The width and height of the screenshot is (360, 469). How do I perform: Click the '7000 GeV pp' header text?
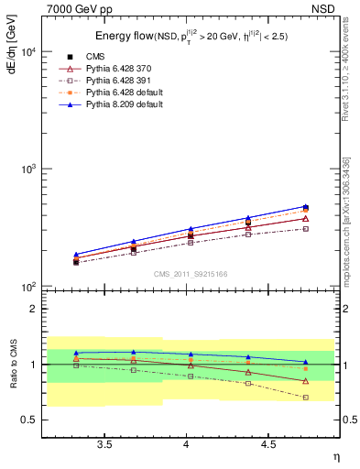[81, 8]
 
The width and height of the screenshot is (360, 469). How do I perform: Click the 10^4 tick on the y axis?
[28, 52]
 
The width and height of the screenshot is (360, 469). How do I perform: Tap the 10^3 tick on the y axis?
[28, 170]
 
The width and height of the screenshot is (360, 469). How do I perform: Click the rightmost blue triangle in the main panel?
[305, 206]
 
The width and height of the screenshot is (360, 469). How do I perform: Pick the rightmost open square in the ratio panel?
[305, 398]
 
